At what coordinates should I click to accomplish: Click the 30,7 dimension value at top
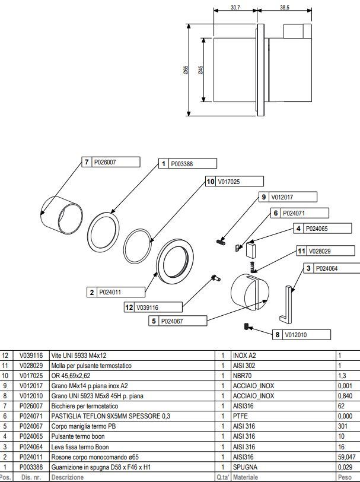click(235, 8)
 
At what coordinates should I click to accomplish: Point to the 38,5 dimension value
click(284, 8)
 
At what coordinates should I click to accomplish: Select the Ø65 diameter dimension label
click(186, 71)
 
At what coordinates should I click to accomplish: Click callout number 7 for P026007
click(87, 161)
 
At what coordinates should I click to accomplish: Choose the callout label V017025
click(230, 181)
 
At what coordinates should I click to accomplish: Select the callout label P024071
click(294, 213)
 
